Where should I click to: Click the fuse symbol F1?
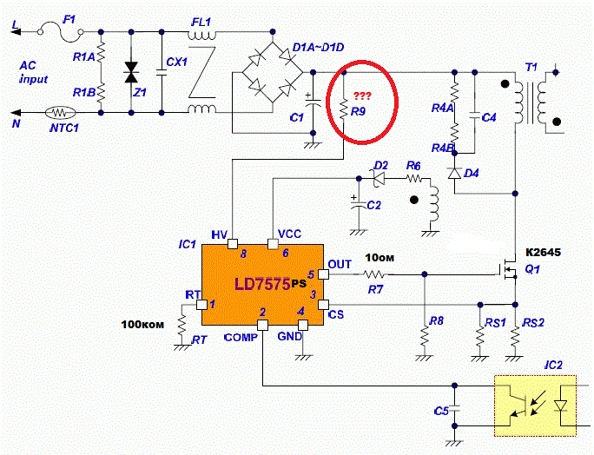click(61, 31)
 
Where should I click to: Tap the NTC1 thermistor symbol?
click(60, 113)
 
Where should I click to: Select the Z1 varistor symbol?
click(131, 72)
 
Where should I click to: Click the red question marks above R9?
click(362, 96)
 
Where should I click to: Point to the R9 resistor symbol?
click(344, 109)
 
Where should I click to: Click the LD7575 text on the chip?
click(262, 284)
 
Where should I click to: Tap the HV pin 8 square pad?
click(233, 244)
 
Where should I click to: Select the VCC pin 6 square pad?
click(273, 244)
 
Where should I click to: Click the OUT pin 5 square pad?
click(323, 274)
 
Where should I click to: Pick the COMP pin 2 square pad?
click(262, 325)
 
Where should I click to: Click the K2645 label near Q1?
click(543, 253)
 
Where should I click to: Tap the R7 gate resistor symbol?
click(374, 274)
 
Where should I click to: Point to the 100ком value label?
click(142, 324)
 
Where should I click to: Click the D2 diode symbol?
click(378, 178)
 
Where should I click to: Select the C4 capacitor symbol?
click(475, 115)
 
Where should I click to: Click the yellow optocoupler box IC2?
click(535, 406)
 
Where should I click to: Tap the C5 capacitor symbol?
click(454, 409)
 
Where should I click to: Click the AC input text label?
click(33, 72)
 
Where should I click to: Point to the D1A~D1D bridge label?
click(318, 48)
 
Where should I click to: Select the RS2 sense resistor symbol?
click(515, 335)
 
